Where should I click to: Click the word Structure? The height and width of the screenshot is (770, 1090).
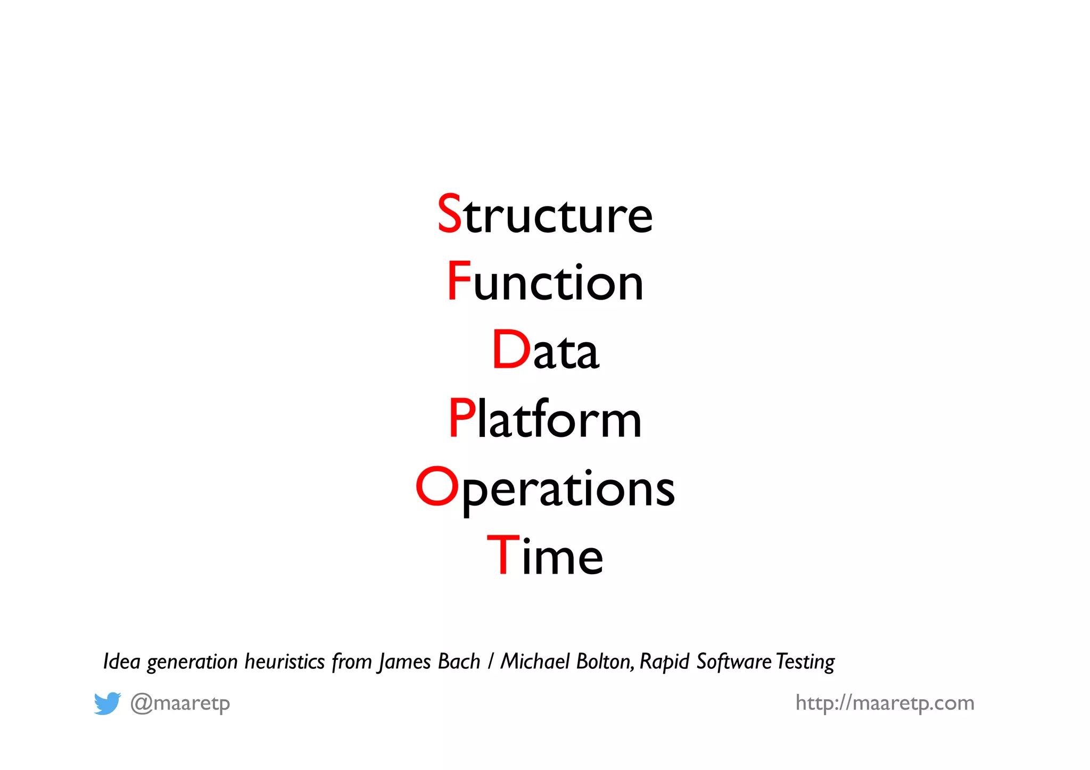545,214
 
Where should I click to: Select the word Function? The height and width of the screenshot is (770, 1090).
545,282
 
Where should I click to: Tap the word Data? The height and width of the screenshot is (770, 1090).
545,350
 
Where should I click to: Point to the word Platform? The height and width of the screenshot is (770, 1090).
545,419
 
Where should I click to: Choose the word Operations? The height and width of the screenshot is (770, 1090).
545,489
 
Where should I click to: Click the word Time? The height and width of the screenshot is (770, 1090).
545,556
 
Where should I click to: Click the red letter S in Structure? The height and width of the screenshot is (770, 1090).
449,213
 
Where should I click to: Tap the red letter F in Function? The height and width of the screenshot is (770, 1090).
458,281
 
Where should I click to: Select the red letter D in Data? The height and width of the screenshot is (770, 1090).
511,350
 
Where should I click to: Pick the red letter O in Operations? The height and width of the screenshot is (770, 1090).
436,486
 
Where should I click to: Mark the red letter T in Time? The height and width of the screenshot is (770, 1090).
503,555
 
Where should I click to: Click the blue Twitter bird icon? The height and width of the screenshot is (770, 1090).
107,703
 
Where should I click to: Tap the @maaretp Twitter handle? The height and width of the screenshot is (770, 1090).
180,703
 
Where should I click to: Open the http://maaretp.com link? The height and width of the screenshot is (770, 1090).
885,703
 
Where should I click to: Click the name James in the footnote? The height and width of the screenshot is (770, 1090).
404,662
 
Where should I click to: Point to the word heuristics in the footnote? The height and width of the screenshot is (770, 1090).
285,661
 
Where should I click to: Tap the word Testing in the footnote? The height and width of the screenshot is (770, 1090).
805,662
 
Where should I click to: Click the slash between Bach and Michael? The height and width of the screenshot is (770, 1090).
490,661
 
